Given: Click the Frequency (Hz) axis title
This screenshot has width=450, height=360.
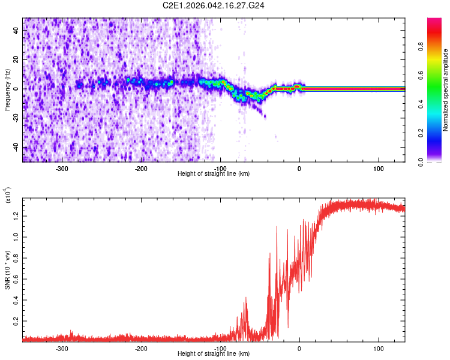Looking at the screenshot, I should click(x=7, y=89).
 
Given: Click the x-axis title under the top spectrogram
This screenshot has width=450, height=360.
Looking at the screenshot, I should click(x=214, y=174).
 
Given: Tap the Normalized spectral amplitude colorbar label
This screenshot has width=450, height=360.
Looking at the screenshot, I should click(x=446, y=90).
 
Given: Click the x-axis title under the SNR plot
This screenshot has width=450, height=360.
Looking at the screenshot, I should click(x=214, y=354).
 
